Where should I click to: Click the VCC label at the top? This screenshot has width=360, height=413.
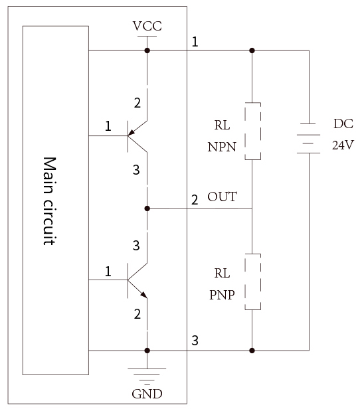tap(147, 26)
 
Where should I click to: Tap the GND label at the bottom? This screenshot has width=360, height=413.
tap(147, 394)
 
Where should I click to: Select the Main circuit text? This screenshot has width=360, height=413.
tap(50, 201)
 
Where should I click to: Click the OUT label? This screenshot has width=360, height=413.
tap(222, 197)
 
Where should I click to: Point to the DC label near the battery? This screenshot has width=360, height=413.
tap(343, 124)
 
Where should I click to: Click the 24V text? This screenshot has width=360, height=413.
tap(343, 145)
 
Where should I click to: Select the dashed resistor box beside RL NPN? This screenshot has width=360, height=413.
tap(253, 131)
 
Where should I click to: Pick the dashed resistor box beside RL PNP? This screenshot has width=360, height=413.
tap(253, 282)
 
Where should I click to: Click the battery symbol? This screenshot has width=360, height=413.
tap(309, 138)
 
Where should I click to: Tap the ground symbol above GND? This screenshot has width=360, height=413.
tap(147, 376)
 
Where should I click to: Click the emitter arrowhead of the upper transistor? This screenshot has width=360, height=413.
tap(131, 133)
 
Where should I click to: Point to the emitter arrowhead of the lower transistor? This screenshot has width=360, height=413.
tap(143, 295)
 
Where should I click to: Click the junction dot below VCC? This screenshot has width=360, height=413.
tap(147, 50)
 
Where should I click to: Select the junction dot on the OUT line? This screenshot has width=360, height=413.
tap(147, 208)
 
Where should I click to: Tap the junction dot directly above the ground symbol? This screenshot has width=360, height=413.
tap(147, 351)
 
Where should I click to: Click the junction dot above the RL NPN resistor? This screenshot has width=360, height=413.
tap(252, 50)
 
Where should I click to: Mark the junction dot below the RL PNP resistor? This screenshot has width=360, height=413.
tap(252, 351)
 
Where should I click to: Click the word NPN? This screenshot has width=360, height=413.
tap(222, 147)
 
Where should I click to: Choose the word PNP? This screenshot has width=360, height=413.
tap(222, 295)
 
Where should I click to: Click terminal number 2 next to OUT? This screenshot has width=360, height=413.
tap(195, 200)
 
